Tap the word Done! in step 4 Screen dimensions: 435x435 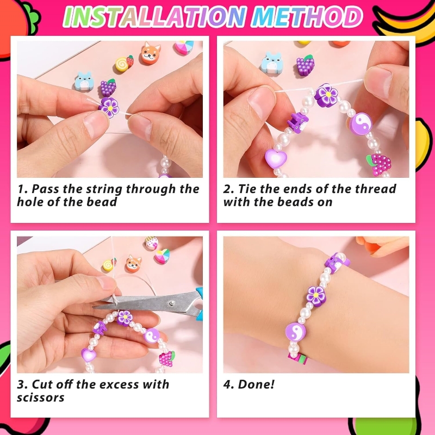click(256, 384)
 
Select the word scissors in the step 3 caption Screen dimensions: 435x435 click(41, 397)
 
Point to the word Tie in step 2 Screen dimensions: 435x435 click(248, 189)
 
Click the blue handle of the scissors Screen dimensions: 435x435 click(198, 306)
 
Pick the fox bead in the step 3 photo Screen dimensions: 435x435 click(133, 264)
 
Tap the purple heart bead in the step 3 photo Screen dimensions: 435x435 click(89, 355)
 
